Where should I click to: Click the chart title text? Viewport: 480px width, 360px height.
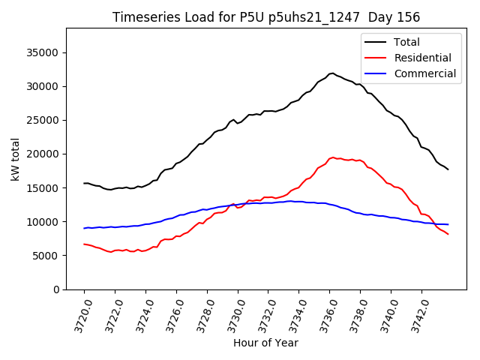coord(265,17)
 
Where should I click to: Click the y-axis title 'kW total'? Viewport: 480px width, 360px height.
coord(15,159)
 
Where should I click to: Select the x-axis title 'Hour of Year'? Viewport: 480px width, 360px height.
coord(265,343)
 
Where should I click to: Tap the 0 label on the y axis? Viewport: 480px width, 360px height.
coord(56,289)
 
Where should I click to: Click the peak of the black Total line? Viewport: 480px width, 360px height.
coord(331,73)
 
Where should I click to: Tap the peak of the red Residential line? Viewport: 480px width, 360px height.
coord(332,157)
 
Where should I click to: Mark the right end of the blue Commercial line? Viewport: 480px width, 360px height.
coord(448,224)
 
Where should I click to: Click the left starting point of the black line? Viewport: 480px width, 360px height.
coord(84,183)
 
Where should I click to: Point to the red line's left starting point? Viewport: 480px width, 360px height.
coord(84,244)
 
